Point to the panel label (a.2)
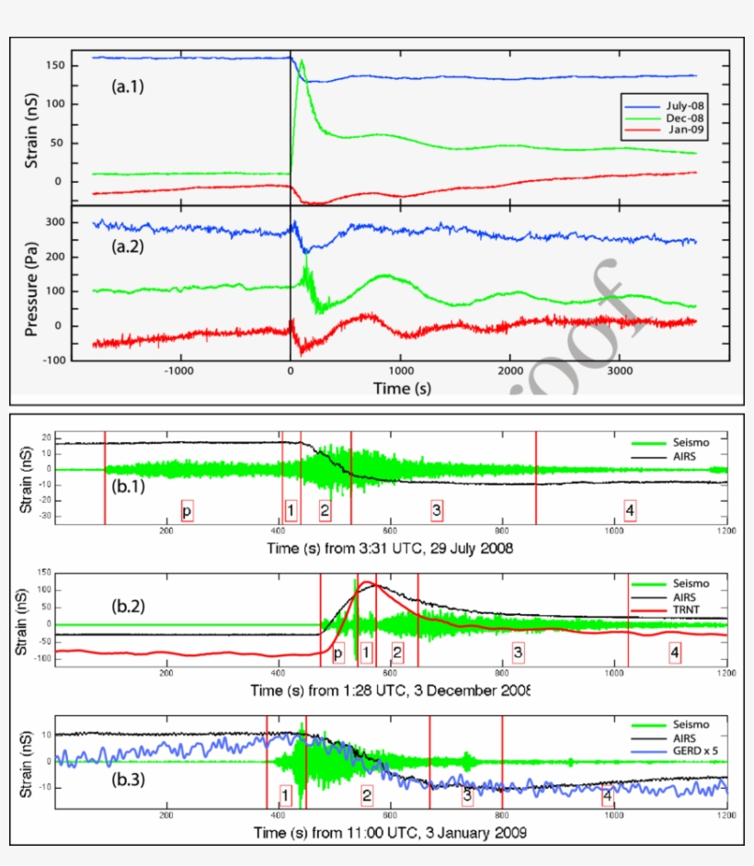point(128,246)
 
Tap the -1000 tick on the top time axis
point(178,371)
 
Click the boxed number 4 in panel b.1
point(629,509)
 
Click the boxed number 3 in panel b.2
point(518,652)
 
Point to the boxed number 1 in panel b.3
point(286,794)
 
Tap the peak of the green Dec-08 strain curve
point(302,62)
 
